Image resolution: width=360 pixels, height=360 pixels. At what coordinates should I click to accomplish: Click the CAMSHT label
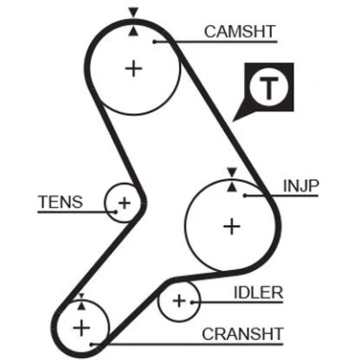tap(239, 31)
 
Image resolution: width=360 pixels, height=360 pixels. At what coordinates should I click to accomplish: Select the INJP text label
tap(301, 186)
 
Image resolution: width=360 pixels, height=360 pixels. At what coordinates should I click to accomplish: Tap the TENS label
tap(60, 202)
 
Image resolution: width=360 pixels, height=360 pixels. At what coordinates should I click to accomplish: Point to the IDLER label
tap(258, 292)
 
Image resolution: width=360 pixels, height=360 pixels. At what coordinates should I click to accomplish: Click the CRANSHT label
tap(242, 334)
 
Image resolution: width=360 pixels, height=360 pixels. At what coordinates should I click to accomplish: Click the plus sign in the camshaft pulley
tap(133, 69)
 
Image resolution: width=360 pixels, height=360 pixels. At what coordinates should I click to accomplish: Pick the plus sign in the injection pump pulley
tap(232, 226)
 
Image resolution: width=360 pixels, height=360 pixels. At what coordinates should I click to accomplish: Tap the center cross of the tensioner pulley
tap(124, 203)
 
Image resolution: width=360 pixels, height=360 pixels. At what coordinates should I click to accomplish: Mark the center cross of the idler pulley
tap(179, 301)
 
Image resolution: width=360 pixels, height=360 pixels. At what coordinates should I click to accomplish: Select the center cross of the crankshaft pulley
tap(81, 328)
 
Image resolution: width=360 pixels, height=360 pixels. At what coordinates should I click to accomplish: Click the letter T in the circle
tap(269, 88)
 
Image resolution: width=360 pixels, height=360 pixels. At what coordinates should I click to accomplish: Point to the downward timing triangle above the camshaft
tap(133, 13)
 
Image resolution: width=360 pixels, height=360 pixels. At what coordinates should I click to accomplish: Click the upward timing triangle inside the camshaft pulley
tap(133, 31)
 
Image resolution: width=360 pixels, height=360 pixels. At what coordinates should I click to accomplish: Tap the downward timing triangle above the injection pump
tap(232, 173)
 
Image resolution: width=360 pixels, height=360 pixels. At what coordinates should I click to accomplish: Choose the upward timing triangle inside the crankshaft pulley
tap(81, 306)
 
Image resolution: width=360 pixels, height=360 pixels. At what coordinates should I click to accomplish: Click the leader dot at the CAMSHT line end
tap(155, 41)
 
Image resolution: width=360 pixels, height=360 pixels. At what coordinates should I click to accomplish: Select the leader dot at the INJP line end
tap(245, 195)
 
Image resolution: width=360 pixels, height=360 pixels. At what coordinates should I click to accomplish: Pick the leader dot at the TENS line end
tap(115, 212)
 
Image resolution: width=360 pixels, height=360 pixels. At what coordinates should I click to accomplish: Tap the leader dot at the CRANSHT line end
tap(92, 344)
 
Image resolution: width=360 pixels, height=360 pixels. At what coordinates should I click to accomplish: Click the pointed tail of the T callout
tap(233, 121)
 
